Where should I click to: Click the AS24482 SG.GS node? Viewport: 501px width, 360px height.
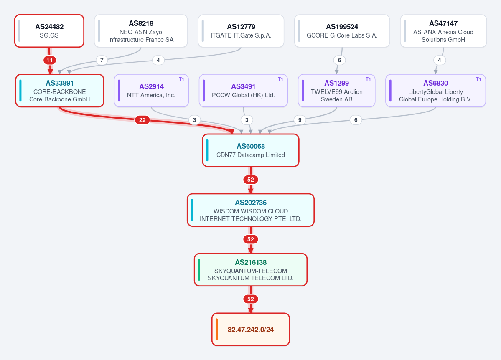point(49,31)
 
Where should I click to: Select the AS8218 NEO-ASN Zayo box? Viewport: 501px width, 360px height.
point(141,31)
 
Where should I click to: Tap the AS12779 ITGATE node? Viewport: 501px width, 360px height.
point(241,31)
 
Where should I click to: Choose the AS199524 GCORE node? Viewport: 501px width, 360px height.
point(342,31)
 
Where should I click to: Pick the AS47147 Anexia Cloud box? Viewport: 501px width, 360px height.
point(443,31)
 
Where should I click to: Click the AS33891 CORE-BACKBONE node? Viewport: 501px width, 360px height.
point(60,91)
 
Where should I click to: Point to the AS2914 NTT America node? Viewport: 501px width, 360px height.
point(151,91)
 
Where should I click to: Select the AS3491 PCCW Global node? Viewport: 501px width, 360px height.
point(243,91)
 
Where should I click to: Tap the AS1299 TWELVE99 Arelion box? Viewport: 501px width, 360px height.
point(336,91)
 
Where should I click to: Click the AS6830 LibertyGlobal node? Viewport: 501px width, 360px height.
point(435,91)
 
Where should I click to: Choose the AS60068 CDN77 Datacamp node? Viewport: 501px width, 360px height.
point(251,150)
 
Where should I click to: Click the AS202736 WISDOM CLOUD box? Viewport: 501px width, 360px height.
point(251,210)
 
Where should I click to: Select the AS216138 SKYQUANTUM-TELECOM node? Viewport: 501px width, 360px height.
point(251,270)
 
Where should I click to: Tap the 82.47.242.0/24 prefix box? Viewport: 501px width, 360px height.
point(251,330)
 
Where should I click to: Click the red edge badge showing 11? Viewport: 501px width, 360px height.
point(50,61)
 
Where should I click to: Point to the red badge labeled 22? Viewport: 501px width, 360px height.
point(142,120)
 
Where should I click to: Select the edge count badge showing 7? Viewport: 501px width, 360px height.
point(102,61)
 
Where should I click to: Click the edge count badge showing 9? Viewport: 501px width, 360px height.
point(300,120)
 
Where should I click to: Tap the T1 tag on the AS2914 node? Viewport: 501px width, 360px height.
point(181,79)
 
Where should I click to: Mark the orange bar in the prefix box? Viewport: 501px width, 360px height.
point(216,330)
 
